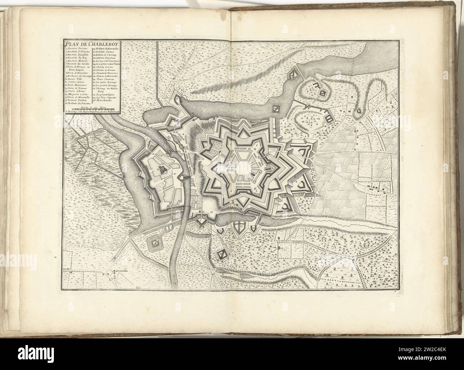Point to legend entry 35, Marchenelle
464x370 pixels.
click(104, 100)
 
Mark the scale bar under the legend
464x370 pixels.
click(93, 108)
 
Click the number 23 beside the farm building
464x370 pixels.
click(282, 247)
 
